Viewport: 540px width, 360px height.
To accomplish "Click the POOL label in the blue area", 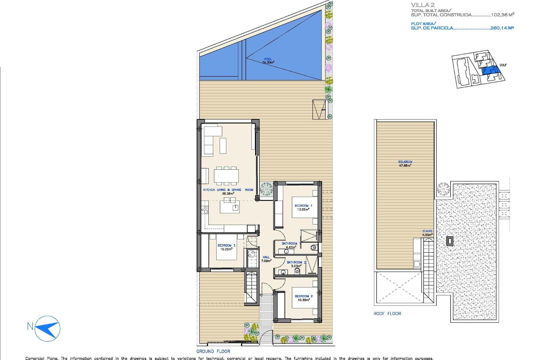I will (x=268, y=59).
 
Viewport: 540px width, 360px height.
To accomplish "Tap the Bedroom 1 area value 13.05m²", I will (x=303, y=210).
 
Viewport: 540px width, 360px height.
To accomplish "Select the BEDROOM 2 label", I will (x=303, y=296).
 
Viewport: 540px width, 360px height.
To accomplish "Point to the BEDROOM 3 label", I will (x=226, y=245).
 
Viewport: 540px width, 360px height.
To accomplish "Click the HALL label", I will (x=266, y=257).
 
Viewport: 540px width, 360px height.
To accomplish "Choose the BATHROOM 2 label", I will (x=296, y=262).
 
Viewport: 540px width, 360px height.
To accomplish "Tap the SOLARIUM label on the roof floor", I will (x=405, y=162).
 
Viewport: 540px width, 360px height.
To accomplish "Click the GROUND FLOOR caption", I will (x=213, y=351).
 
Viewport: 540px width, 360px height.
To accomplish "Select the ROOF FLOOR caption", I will (x=387, y=314).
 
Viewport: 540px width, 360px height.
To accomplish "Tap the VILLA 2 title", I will (x=423, y=5).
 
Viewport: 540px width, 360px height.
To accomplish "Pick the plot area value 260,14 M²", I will (x=502, y=28).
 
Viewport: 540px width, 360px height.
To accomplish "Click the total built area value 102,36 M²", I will (x=503, y=15).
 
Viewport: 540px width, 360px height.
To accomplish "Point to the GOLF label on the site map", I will (x=503, y=65).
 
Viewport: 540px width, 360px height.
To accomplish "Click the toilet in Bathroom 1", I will (x=314, y=248).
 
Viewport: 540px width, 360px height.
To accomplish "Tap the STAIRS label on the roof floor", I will (x=427, y=231).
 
